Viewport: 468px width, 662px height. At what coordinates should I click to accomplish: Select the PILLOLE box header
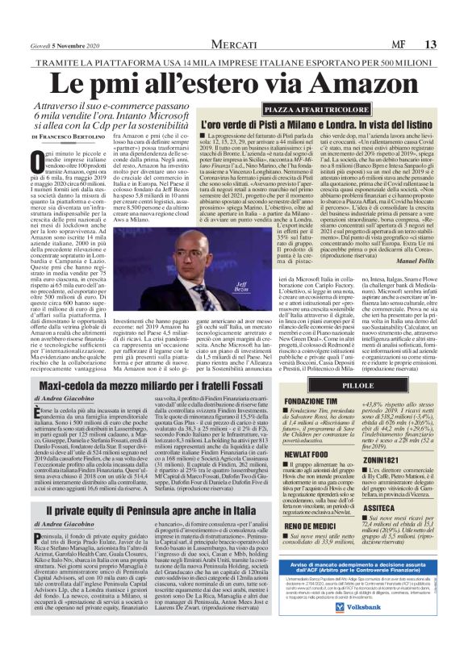tap(335, 387)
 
